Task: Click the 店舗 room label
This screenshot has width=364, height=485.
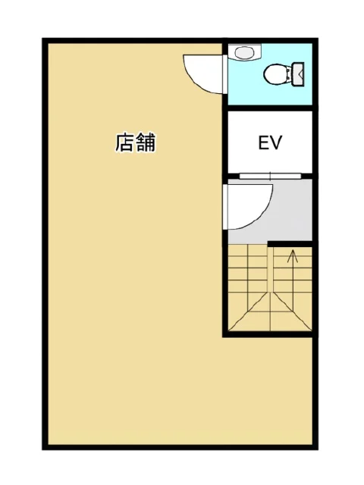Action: click(136, 142)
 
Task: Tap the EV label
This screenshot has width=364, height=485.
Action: click(269, 143)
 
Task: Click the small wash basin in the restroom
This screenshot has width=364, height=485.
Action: click(243, 53)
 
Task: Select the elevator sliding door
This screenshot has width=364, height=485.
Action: click(269, 176)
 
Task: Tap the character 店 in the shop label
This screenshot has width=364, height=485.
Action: click(125, 142)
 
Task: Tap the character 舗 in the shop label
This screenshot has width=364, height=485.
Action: click(146, 142)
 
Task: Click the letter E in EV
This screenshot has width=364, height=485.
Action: click(263, 143)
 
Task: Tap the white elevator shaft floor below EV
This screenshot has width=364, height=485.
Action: click(269, 163)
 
